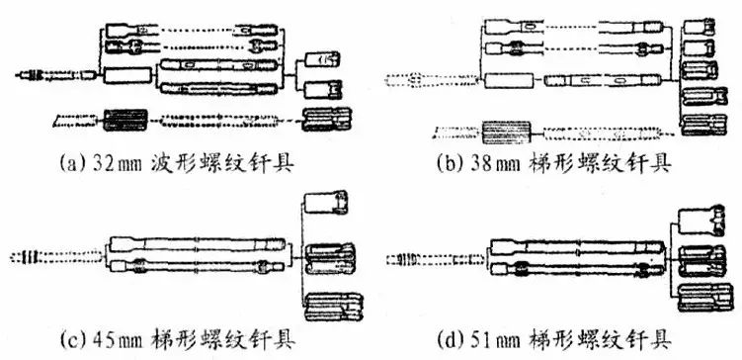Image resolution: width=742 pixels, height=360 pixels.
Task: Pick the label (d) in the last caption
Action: tap(452, 339)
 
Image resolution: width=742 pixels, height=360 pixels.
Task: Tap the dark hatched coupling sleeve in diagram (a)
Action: tap(125, 120)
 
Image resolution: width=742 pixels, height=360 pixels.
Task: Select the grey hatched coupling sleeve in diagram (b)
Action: tap(506, 133)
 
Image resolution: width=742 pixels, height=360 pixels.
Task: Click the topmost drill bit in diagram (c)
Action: tap(326, 202)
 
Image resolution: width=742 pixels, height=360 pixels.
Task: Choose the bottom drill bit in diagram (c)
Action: tap(334, 307)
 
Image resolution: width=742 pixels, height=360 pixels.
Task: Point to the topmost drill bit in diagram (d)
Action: tap(701, 221)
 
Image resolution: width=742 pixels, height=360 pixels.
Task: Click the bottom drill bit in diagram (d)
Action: tap(702, 298)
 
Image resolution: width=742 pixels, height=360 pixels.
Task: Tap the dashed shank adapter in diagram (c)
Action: tap(56, 258)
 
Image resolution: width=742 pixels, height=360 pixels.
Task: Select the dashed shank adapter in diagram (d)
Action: tap(437, 259)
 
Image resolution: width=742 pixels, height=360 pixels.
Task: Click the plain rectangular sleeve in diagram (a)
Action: tap(127, 76)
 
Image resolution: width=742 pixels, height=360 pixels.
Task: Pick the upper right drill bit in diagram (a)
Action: tap(323, 59)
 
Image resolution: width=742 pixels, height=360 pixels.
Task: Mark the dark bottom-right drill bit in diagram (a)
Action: tap(327, 120)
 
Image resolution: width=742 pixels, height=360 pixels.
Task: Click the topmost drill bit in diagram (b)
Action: tap(699, 27)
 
